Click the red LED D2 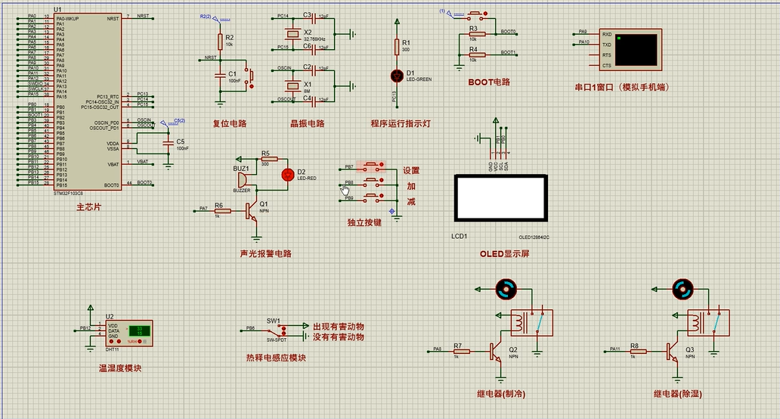pyautogui.click(x=286, y=175)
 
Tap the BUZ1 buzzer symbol pyautogui.click(x=242, y=180)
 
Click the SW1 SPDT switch pyautogui.click(x=277, y=331)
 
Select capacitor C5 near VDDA pyautogui.click(x=169, y=143)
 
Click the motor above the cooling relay pyautogui.click(x=505, y=288)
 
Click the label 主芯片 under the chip pyautogui.click(x=89, y=206)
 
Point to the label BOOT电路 pyautogui.click(x=489, y=82)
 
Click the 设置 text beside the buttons pyautogui.click(x=410, y=171)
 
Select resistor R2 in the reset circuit pyautogui.click(x=220, y=40)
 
